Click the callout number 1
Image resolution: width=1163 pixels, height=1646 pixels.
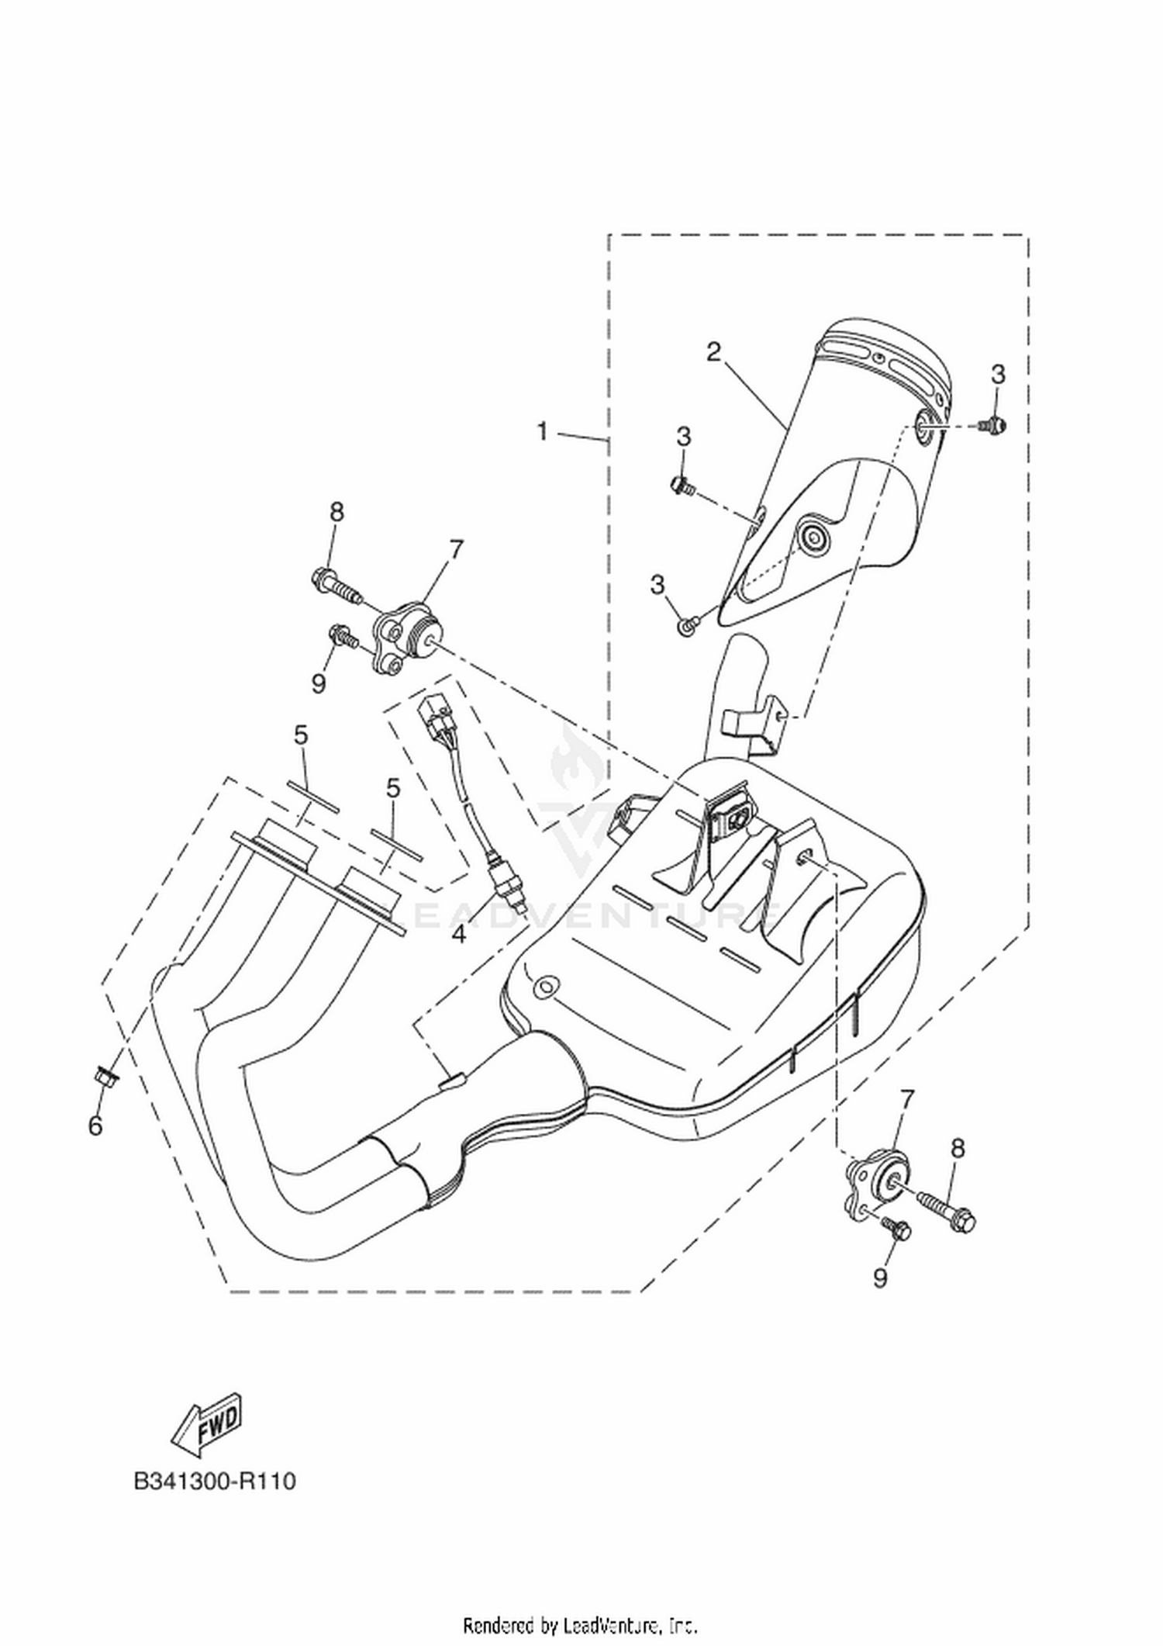(543, 431)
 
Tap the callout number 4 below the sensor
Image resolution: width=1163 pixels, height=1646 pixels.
(459, 934)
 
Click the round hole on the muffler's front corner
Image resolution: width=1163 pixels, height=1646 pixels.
(547, 987)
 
